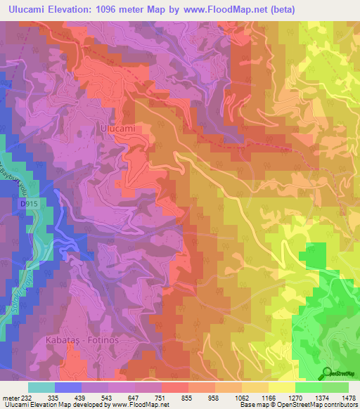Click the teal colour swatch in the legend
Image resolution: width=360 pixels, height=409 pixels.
coord(41,387)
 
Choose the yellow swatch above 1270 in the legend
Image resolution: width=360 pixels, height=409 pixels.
coord(282,387)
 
